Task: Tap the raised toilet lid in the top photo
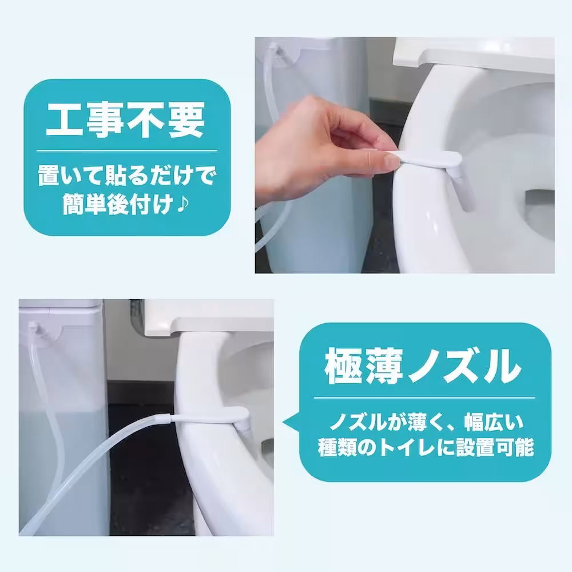(475, 54)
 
